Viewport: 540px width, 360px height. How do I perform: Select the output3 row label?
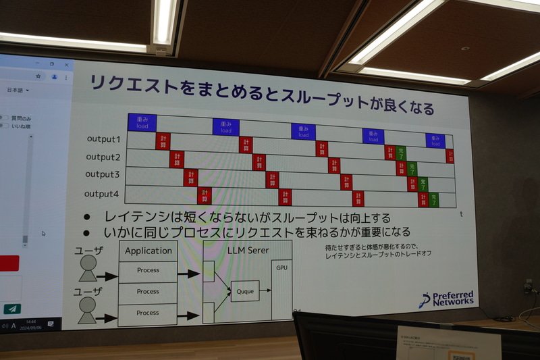click(102, 175)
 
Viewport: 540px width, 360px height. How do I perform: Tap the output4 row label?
click(101, 195)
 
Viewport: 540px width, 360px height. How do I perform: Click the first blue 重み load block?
click(142, 122)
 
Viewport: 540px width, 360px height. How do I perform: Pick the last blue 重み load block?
click(435, 140)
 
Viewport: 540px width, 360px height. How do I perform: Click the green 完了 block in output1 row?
click(400, 152)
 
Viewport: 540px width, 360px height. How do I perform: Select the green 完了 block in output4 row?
click(434, 200)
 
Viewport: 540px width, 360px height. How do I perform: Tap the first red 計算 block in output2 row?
click(177, 159)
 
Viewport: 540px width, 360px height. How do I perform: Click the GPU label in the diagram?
click(281, 267)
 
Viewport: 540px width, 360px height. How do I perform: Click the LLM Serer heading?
click(247, 251)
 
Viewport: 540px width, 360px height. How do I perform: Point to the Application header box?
click(148, 251)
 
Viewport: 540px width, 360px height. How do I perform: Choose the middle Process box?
click(148, 292)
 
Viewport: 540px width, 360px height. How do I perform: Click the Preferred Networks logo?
click(447, 299)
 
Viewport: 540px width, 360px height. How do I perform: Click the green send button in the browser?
click(11, 309)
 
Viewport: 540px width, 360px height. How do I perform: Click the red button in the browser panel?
click(9, 263)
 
